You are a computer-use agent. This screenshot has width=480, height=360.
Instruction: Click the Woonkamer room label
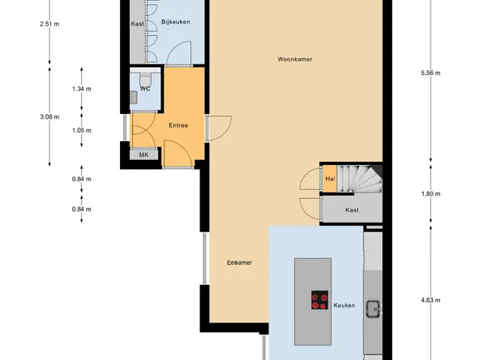pos(295,59)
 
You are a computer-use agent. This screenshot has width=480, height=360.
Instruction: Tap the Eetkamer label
pos(239,262)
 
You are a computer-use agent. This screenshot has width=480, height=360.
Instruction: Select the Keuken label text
pos(344,305)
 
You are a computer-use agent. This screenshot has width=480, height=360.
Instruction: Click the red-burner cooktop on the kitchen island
pos(319,300)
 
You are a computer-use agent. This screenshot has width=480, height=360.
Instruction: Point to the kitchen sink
pos(373,309)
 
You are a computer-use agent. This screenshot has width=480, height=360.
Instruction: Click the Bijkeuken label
pos(175,22)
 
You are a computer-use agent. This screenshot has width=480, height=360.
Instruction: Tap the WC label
pos(145,88)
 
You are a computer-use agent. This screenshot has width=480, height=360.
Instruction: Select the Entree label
pos(178,125)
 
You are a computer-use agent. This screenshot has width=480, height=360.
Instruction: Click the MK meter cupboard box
pos(144,155)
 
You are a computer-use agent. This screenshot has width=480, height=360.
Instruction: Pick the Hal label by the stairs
pos(330,178)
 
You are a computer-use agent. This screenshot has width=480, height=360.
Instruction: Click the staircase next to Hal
pos(360,178)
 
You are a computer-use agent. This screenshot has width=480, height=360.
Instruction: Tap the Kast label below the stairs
pos(352,210)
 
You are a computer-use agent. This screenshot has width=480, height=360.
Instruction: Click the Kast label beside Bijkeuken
pos(137,24)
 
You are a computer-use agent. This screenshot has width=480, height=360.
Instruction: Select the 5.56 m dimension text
pos(430,73)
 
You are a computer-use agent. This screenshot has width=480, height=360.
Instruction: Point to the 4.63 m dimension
pos(430,300)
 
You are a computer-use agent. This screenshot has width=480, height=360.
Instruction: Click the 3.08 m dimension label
pos(49,117)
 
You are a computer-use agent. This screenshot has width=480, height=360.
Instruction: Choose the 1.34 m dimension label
pos(82,88)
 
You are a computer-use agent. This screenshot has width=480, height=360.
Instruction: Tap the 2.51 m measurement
pos(49,24)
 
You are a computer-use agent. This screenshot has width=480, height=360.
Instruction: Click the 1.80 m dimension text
pos(430,193)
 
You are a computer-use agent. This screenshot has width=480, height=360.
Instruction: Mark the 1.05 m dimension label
pos(82,130)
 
